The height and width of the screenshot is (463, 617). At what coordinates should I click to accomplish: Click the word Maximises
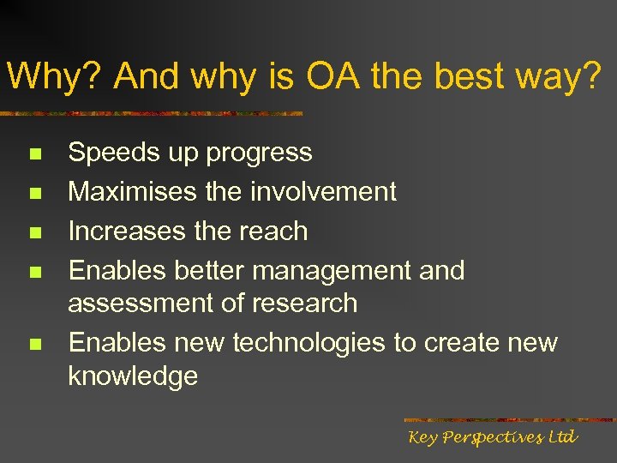[134, 191]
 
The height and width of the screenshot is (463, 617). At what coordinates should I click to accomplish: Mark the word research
[306, 304]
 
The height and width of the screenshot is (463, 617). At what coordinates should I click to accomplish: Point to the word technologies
[309, 343]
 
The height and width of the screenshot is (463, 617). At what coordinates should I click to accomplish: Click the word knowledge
[133, 376]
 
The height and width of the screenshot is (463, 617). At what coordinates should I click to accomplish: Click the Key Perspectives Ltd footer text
[493, 438]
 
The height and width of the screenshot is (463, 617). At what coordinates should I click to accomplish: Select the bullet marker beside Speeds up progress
[34, 155]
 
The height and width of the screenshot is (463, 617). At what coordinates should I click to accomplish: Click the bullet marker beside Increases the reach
[34, 233]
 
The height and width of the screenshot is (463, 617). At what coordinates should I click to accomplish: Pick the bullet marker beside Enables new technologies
[34, 345]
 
